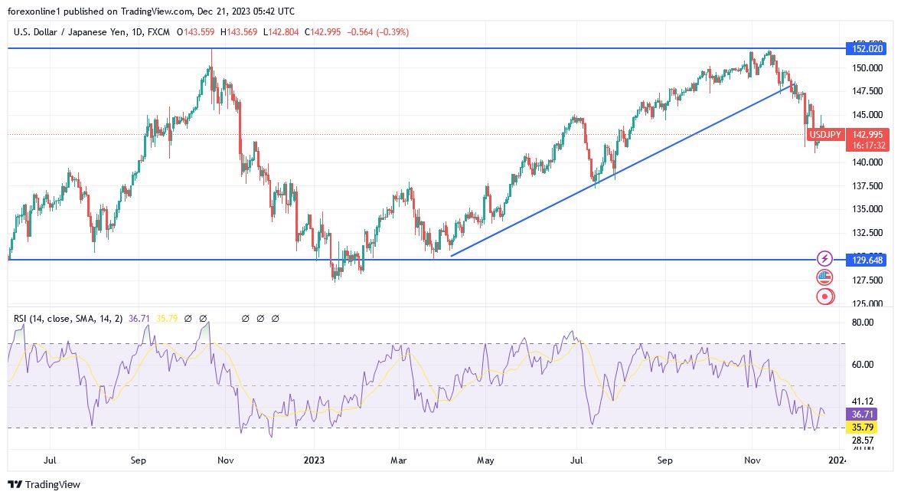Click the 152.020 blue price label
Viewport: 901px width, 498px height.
867,48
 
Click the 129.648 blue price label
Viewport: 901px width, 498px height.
867,260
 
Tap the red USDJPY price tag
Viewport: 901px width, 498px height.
825,135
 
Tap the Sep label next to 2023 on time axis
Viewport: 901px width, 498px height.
665,460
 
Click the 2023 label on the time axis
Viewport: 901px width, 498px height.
314,460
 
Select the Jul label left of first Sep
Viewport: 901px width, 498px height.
51,460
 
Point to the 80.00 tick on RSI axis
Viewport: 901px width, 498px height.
863,323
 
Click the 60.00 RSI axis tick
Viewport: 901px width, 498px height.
863,365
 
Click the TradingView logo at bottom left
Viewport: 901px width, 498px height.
44,484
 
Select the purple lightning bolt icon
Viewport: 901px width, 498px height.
824,259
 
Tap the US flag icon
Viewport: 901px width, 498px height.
824,277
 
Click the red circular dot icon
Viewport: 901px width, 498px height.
824,296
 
